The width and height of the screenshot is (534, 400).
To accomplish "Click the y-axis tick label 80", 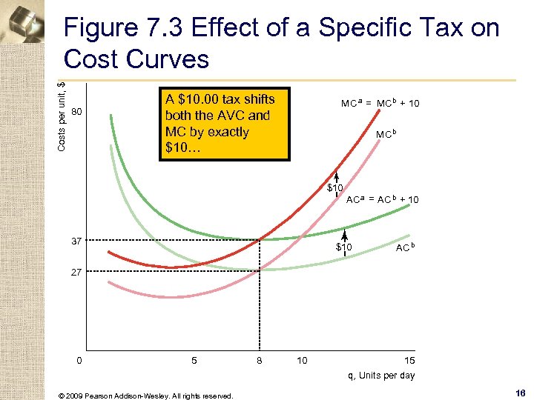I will [76, 113].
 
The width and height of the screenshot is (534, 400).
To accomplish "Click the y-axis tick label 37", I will [76, 241].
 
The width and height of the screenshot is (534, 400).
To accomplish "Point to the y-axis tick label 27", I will [76, 273].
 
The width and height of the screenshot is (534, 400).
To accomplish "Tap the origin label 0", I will [79, 361].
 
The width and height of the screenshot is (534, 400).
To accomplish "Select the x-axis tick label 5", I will [194, 361].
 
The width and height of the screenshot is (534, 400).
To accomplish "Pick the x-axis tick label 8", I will [259, 361].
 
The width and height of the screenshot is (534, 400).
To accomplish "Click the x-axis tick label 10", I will [302, 361].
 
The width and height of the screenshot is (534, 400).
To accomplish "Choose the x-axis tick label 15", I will [409, 361].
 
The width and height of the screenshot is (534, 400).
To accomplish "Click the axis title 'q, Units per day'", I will [382, 376].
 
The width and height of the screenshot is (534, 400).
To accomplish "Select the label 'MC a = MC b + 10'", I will [380, 103].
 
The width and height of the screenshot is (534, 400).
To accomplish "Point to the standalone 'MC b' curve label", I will [387, 135].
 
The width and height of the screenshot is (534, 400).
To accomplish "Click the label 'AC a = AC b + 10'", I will [383, 199].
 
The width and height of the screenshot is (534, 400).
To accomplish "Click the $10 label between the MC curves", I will [335, 188].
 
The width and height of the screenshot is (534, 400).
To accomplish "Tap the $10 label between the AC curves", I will [344, 247].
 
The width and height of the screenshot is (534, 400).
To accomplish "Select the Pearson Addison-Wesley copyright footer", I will [145, 395].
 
